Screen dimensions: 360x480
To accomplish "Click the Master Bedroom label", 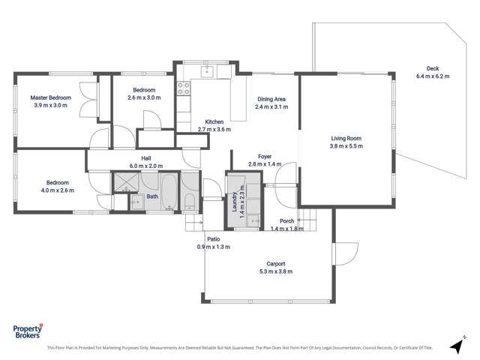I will pyautogui.click(x=50, y=97).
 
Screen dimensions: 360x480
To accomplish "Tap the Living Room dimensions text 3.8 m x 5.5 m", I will pyautogui.click(x=346, y=146).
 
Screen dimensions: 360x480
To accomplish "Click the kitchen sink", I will pyautogui.click(x=206, y=73).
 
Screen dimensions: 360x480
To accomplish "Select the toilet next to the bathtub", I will pyautogui.click(x=190, y=200).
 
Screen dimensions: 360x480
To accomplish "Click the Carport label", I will pyautogui.click(x=276, y=263).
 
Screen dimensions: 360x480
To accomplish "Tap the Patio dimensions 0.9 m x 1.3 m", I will pyautogui.click(x=214, y=247).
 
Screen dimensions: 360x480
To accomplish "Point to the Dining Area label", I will pyautogui.click(x=271, y=99).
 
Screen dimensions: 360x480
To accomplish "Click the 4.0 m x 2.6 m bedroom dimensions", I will pyautogui.click(x=57, y=190).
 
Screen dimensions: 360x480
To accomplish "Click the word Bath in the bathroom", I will pyautogui.click(x=152, y=197).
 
